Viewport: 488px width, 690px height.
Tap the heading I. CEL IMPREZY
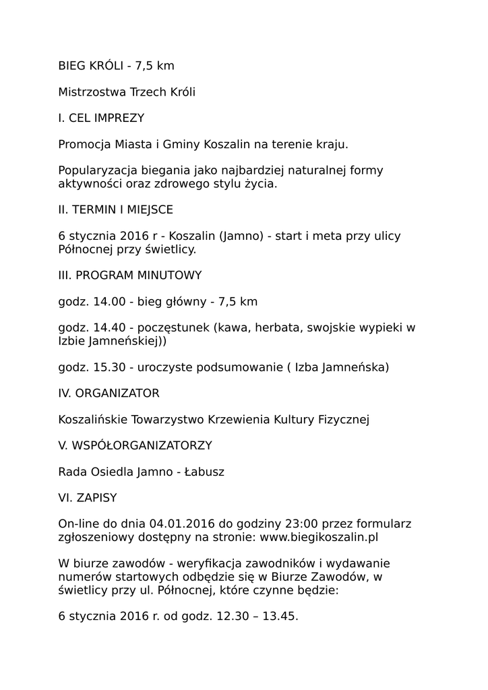coord(101,118)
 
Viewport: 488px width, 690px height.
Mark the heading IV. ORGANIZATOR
coord(109,394)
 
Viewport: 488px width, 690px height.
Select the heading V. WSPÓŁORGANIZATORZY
coord(135,446)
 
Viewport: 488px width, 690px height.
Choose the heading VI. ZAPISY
coord(88,499)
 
